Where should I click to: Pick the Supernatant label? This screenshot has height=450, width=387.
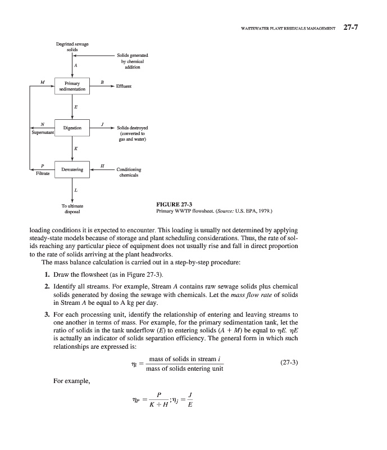42,133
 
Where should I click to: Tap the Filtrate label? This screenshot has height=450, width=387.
42,174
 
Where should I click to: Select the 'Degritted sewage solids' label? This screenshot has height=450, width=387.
72,46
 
